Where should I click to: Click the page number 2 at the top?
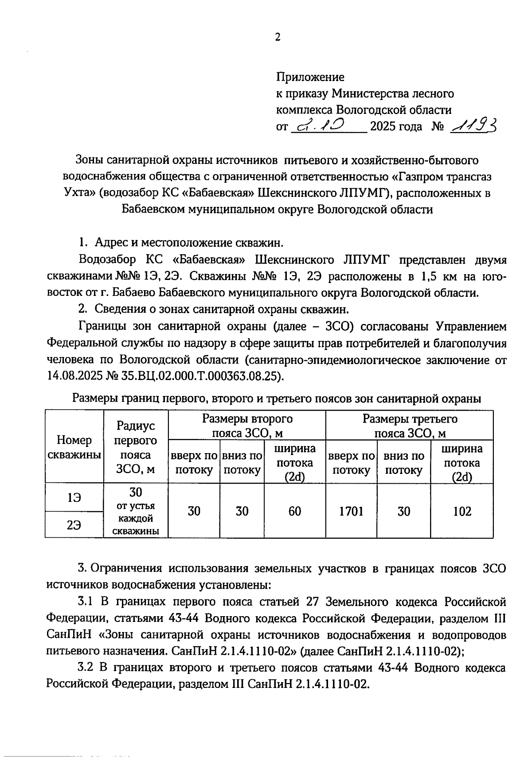click(x=278, y=38)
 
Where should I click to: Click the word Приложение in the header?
click(x=310, y=77)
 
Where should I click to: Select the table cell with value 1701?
click(x=351, y=511)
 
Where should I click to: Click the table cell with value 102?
click(x=462, y=511)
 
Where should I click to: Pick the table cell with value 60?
click(x=295, y=511)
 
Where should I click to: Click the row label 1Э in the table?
click(x=74, y=498)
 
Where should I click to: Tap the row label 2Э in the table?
click(x=74, y=525)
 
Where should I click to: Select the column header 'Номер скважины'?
click(x=74, y=447)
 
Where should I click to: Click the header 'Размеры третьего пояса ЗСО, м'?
click(x=410, y=425)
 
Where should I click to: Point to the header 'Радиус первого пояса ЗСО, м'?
click(x=136, y=447)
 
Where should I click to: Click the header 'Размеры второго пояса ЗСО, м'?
click(x=247, y=425)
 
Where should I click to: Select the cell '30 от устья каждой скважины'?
click(x=136, y=511)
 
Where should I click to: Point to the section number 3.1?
click(x=85, y=602)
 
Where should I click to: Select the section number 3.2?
click(x=85, y=668)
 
